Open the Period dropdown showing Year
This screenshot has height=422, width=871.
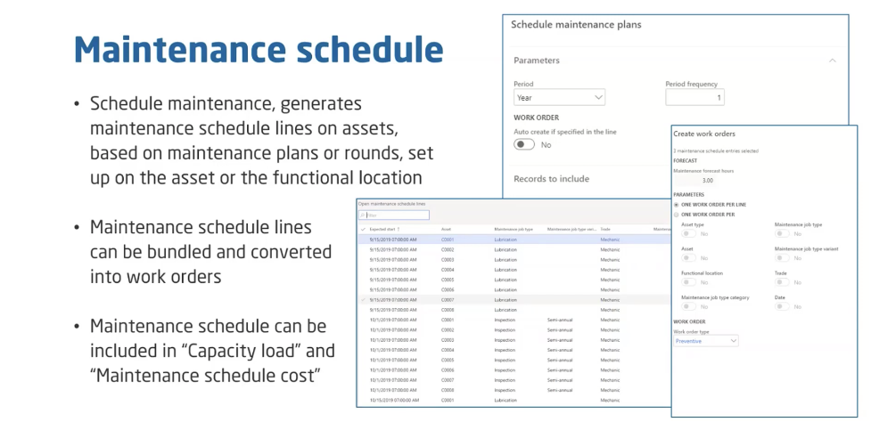(560, 97)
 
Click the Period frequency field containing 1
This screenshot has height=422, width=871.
(694, 97)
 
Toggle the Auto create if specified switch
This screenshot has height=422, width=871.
(524, 144)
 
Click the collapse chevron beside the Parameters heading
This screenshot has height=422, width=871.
(833, 61)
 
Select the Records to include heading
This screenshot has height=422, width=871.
(551, 178)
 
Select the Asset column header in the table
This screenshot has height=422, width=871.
(447, 229)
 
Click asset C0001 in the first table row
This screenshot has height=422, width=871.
(448, 239)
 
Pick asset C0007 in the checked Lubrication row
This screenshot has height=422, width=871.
(448, 299)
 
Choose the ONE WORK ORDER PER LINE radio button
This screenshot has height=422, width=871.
(677, 204)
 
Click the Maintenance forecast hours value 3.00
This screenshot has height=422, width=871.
(708, 180)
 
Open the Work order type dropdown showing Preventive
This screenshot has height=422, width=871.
(706, 340)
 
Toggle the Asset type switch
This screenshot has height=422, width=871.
(689, 234)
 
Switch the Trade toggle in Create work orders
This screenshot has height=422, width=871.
(782, 282)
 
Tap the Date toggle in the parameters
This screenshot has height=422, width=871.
(782, 306)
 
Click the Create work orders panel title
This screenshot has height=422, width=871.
(704, 134)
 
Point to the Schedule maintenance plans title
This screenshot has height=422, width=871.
(575, 25)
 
